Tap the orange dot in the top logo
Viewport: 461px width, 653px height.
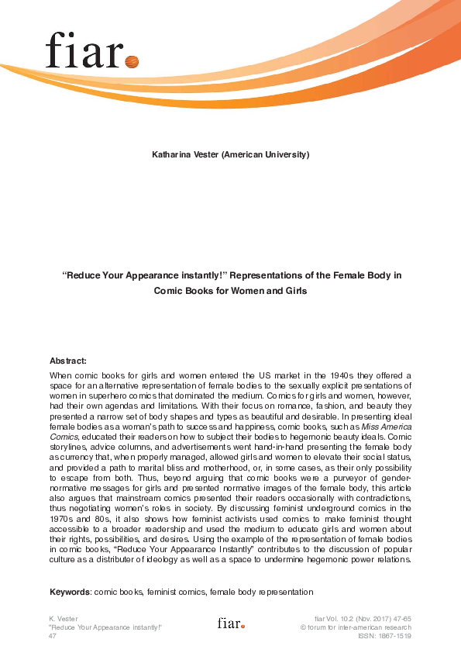pyautogui.click(x=131, y=60)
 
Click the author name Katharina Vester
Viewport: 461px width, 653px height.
pyautogui.click(x=185, y=154)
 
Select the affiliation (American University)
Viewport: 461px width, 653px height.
pyautogui.click(x=265, y=154)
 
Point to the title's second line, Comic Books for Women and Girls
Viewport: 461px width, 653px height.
pyautogui.click(x=230, y=291)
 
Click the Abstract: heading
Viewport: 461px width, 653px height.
pyautogui.click(x=68, y=361)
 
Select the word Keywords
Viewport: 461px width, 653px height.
pyautogui.click(x=70, y=592)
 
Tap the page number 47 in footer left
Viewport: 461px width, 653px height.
pyautogui.click(x=53, y=635)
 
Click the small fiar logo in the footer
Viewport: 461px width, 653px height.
pyautogui.click(x=230, y=623)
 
